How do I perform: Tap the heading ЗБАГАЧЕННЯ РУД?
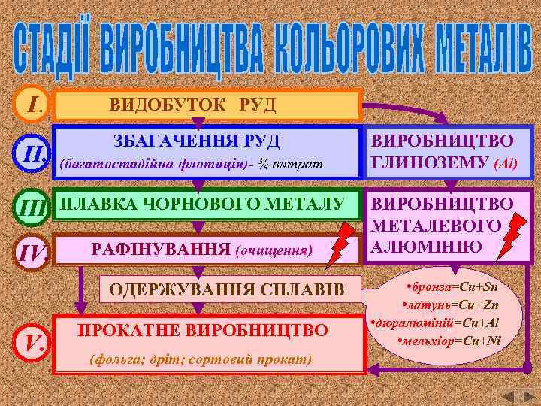[x=197, y=141]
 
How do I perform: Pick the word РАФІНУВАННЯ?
[x=159, y=249]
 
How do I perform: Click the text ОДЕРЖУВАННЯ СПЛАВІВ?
[x=225, y=289]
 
